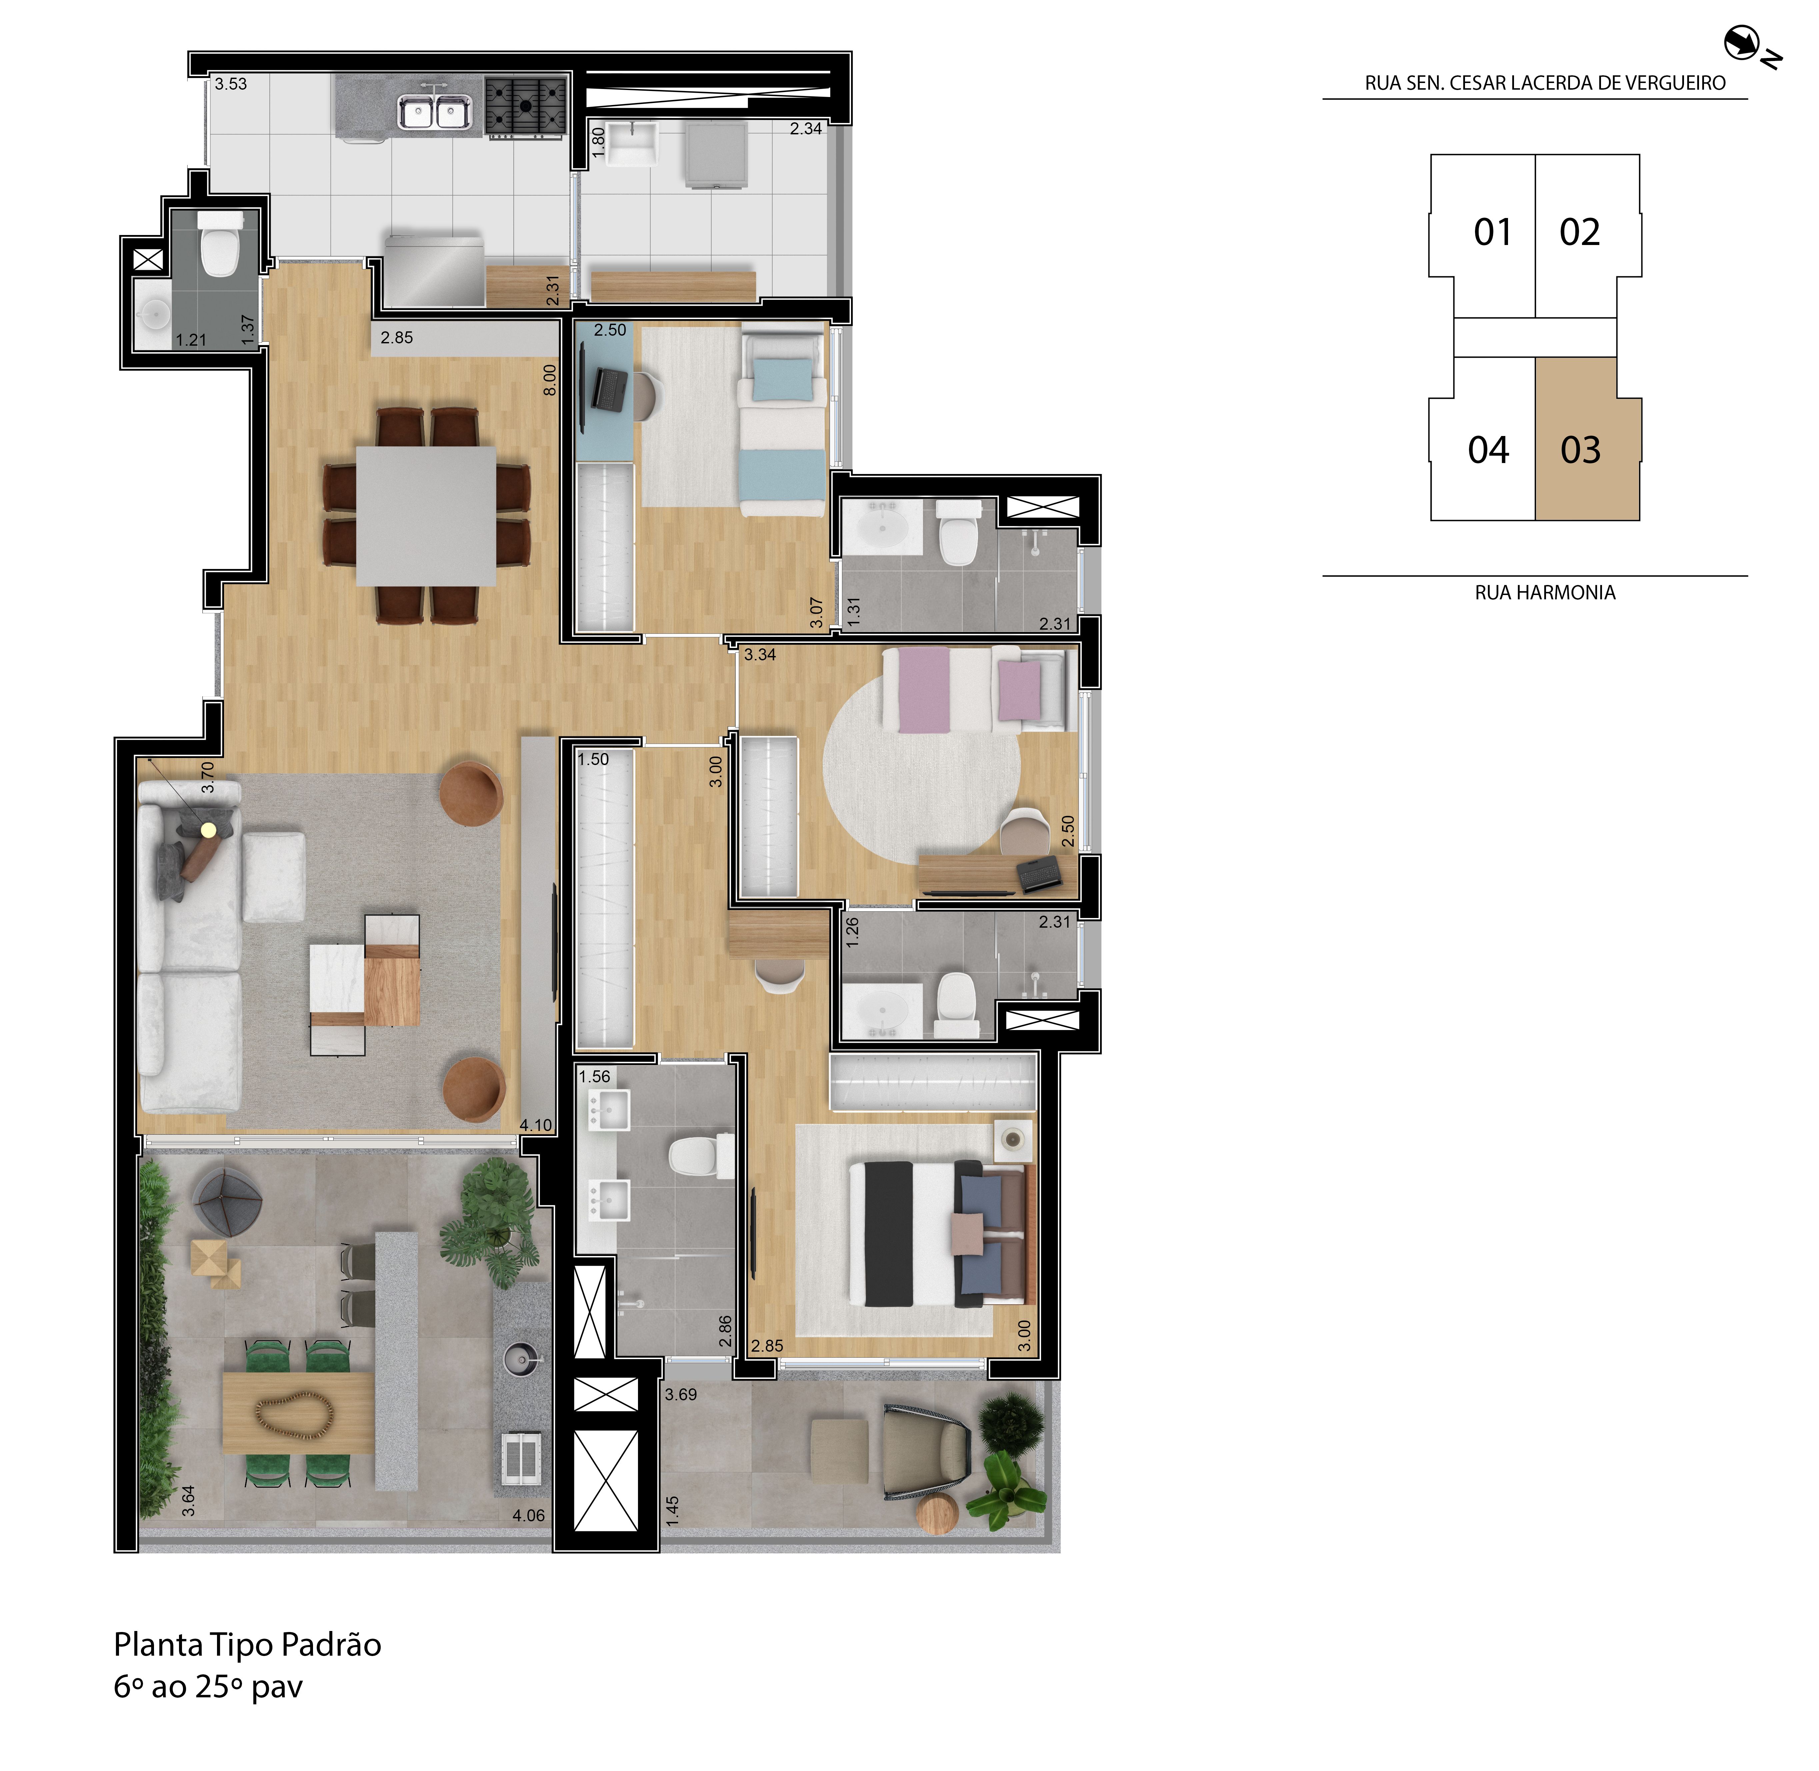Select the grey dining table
click(426, 515)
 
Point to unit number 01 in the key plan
click(1493, 233)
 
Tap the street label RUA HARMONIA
click(1545, 593)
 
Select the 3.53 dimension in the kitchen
click(231, 84)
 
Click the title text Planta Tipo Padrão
click(247, 1645)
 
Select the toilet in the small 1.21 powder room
click(220, 246)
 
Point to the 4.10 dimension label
click(536, 1125)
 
